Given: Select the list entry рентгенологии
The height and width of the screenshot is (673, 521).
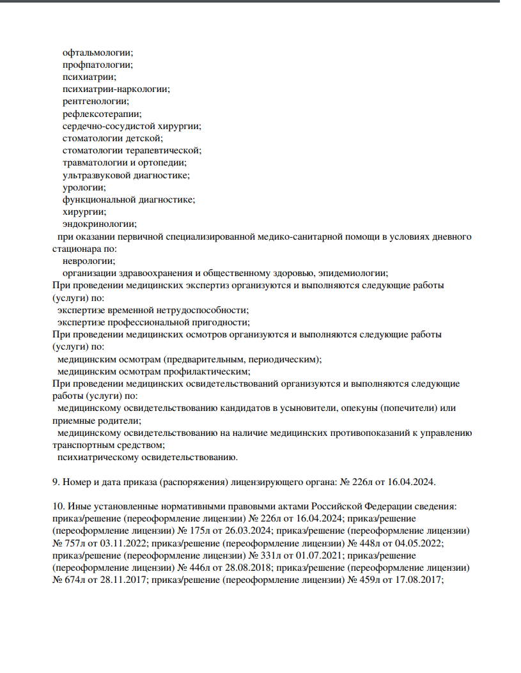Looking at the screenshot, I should [x=95, y=101].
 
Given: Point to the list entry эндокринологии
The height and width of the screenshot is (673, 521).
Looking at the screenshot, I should [x=100, y=224].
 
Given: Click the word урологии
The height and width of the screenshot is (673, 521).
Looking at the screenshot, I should [x=84, y=187].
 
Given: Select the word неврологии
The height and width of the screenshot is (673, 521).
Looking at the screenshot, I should [x=89, y=261].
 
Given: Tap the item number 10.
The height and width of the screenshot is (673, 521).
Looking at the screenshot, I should [x=57, y=506].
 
